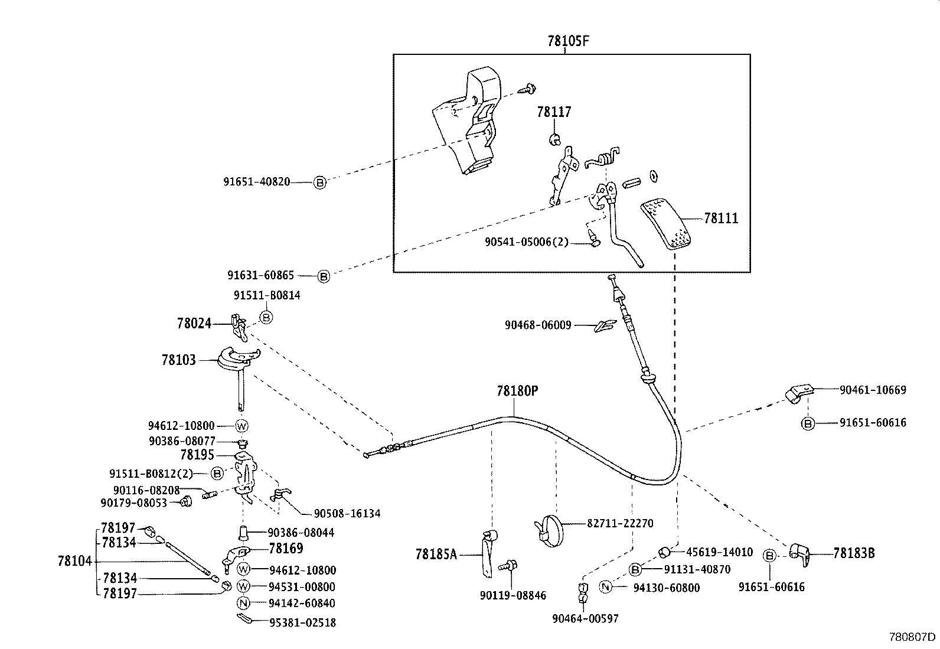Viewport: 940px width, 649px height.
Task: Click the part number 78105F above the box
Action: (569, 41)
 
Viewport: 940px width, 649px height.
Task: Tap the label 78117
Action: (554, 112)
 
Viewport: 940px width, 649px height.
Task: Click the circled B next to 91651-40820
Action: (319, 182)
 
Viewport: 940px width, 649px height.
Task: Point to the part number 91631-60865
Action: (260, 275)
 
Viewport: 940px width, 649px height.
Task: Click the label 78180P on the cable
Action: (517, 390)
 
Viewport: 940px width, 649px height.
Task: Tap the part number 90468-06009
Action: (537, 325)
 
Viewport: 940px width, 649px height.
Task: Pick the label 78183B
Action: (854, 553)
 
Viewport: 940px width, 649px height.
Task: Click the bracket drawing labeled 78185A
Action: (487, 552)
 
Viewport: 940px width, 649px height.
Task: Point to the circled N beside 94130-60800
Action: (605, 587)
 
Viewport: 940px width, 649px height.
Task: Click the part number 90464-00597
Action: (585, 618)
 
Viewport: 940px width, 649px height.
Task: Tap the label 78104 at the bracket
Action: (75, 560)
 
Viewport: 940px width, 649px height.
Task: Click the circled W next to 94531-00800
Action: (243, 586)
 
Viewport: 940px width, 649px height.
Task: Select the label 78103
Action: (178, 359)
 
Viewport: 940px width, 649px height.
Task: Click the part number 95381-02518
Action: (302, 622)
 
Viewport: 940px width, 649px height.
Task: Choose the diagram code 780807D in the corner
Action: (913, 637)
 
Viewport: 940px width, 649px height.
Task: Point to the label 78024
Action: (194, 323)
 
